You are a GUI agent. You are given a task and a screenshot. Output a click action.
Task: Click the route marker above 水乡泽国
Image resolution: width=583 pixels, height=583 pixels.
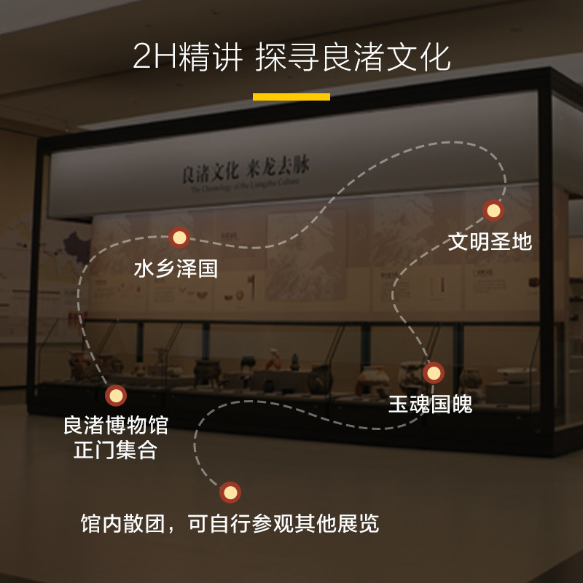pyautogui.click(x=179, y=238)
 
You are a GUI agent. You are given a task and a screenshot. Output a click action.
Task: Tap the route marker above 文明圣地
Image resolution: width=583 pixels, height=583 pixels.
pyautogui.click(x=493, y=211)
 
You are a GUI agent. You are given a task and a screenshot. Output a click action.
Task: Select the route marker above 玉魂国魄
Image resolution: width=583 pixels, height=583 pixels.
pyautogui.click(x=434, y=374)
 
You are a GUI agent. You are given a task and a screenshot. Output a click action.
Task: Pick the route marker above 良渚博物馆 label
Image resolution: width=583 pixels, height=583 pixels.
pyautogui.click(x=115, y=396)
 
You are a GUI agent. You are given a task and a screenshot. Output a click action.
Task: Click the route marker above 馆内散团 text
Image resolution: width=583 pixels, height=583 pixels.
pyautogui.click(x=230, y=493)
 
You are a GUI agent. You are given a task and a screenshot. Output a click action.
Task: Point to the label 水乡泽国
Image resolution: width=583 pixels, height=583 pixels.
pyautogui.click(x=176, y=268)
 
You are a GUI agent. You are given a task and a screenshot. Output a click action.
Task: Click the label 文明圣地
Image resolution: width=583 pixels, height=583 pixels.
pyautogui.click(x=490, y=241)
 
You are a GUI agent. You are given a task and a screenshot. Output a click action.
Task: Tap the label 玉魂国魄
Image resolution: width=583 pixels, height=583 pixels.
pyautogui.click(x=430, y=404)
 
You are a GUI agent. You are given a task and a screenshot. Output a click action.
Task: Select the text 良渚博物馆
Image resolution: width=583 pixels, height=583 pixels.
pyautogui.click(x=115, y=425)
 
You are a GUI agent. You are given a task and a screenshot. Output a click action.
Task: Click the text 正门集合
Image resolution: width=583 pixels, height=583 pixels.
pyautogui.click(x=115, y=450)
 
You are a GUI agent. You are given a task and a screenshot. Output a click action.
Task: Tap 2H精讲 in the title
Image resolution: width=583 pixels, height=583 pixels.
pyautogui.click(x=187, y=58)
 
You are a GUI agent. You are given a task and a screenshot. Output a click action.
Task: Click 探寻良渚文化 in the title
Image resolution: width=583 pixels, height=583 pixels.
pyautogui.click(x=353, y=58)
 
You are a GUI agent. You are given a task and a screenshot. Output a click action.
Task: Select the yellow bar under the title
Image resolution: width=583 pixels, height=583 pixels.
pyautogui.click(x=291, y=96)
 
